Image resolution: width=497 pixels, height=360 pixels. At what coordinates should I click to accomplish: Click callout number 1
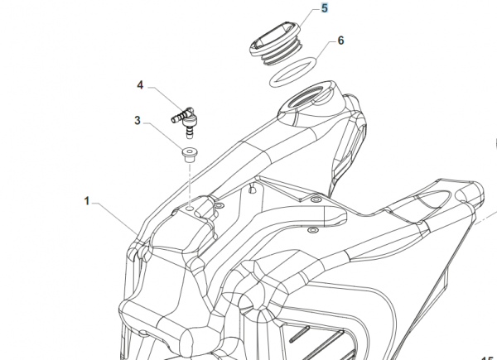[x=87, y=200]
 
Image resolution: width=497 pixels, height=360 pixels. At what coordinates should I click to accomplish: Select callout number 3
[x=138, y=122]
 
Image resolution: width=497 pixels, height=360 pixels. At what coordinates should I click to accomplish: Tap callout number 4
[x=141, y=85]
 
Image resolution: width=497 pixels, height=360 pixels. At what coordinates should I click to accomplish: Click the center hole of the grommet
[x=190, y=151]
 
